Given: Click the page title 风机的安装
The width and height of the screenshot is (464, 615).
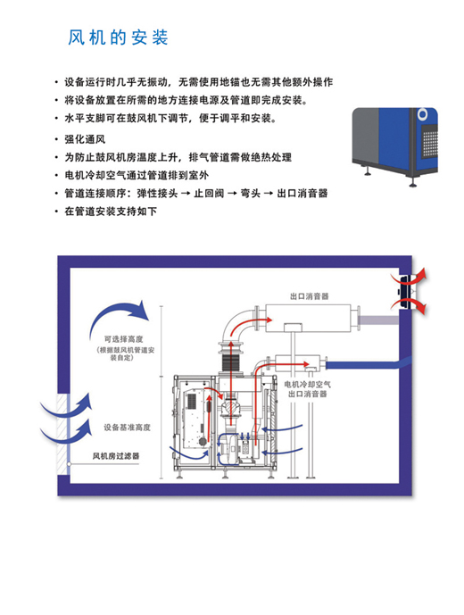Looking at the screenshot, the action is [x=118, y=37].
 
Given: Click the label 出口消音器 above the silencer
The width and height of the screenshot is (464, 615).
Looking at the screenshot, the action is [x=309, y=296].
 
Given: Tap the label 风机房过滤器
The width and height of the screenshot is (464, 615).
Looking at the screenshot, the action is [x=116, y=456].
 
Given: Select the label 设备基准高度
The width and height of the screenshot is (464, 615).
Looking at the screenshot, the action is [x=127, y=428].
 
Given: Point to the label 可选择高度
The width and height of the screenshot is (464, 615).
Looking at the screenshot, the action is [x=123, y=339].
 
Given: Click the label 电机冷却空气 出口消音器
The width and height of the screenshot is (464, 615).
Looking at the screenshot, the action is [x=308, y=388].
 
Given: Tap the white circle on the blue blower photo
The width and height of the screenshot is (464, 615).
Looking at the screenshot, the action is [x=422, y=114].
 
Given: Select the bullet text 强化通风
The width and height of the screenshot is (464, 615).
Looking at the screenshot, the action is [x=85, y=139].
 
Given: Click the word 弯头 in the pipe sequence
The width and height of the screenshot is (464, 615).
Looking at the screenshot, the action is [x=250, y=194].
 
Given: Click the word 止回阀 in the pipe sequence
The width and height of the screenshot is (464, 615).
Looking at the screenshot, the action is [x=209, y=194].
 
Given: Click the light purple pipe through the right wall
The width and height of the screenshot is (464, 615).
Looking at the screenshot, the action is [x=379, y=320].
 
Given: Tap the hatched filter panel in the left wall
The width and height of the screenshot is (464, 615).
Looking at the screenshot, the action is [x=62, y=434].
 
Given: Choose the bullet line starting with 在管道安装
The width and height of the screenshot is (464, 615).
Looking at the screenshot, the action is [x=111, y=212].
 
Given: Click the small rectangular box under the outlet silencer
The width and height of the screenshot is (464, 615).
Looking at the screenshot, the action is [x=293, y=327].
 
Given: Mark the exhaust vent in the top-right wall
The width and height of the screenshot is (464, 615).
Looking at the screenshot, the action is [x=406, y=291].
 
